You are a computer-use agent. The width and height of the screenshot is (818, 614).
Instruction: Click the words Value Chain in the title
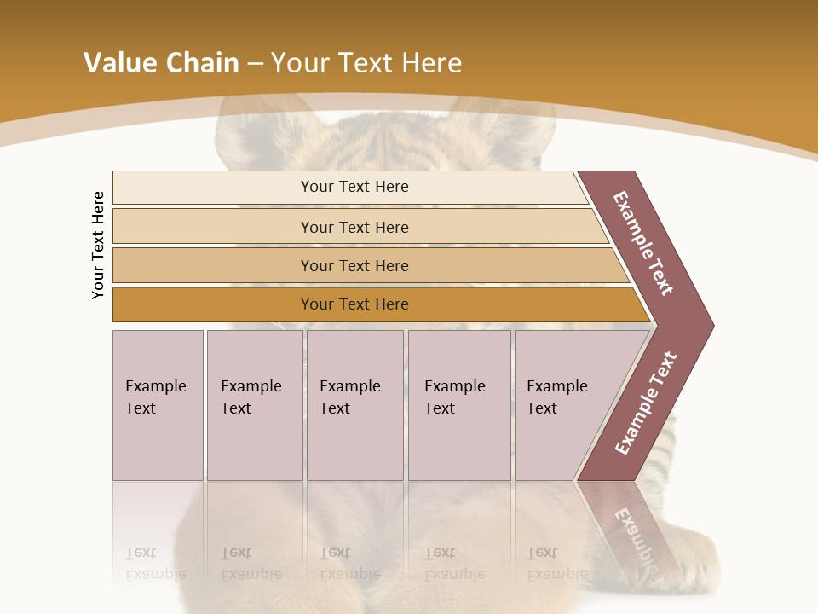[x=161, y=63]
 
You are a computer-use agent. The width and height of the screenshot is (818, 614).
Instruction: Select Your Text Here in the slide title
[x=366, y=63]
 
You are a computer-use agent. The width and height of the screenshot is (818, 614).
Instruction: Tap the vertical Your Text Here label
[x=98, y=246]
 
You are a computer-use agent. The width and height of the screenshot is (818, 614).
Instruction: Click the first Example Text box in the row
[x=158, y=405]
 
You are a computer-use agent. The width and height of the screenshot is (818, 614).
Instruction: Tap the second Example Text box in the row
[x=254, y=405]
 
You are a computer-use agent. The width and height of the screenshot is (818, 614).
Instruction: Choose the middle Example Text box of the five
[x=354, y=405]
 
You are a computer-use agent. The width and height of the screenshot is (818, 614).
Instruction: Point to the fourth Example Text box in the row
[x=459, y=405]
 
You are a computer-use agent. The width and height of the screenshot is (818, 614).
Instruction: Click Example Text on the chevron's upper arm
[x=642, y=243]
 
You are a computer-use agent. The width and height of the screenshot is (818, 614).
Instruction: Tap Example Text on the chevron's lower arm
[x=646, y=403]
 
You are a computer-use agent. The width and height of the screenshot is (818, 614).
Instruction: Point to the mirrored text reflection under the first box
[x=156, y=563]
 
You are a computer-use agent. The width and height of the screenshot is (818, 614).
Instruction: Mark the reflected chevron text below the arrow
[x=635, y=533]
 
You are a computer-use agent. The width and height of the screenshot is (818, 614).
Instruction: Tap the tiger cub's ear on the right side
[x=503, y=119]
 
